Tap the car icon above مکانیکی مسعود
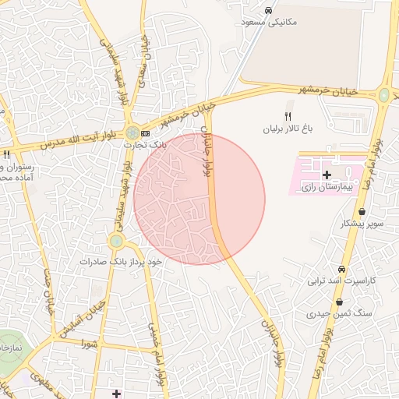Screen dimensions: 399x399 coord(268,11)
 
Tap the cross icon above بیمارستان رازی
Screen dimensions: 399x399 coord(326,175)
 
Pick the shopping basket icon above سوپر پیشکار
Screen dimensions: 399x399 coord(362,212)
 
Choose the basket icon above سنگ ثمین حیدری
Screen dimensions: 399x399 coord(339,302)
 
